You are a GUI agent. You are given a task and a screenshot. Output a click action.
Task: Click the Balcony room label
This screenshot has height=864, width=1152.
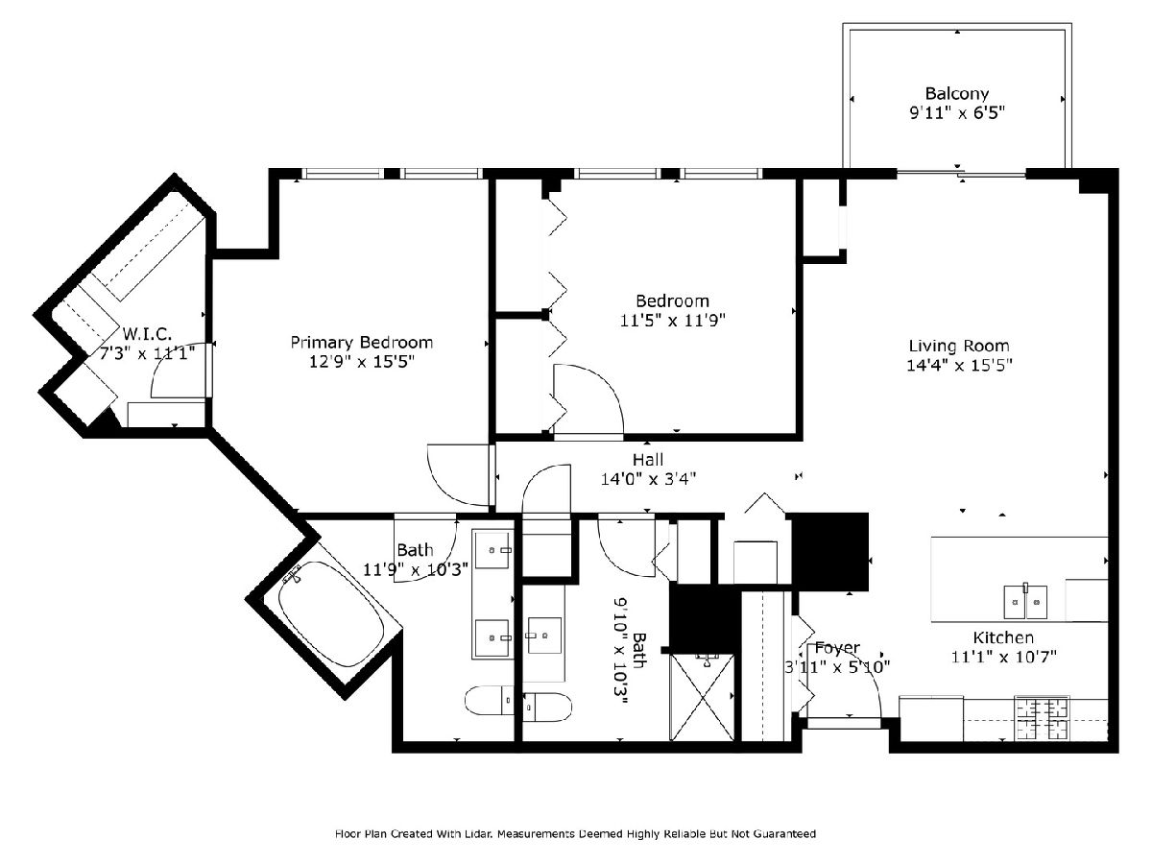pos(957,94)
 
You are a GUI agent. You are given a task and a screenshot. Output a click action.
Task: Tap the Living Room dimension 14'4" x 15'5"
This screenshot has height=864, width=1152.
pos(959,365)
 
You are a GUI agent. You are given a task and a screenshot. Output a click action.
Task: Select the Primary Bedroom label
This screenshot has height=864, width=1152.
pos(362,343)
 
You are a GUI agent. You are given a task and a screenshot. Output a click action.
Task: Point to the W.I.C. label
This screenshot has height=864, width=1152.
pos(147,334)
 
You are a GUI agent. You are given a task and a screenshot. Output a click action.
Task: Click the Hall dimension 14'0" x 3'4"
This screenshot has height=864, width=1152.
pos(648,478)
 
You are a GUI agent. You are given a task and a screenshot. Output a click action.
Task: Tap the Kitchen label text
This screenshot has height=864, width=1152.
pos(1003,637)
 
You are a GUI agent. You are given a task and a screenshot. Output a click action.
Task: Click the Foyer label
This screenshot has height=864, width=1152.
pos(837,648)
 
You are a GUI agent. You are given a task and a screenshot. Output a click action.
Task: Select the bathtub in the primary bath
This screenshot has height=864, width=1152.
pos(330,613)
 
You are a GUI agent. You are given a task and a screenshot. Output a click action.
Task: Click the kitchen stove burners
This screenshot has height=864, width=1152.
pos(1044,718)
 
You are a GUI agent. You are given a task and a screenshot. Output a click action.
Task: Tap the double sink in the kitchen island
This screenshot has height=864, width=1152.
pos(1025,602)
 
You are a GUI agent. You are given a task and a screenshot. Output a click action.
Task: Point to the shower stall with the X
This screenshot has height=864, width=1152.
pos(702,697)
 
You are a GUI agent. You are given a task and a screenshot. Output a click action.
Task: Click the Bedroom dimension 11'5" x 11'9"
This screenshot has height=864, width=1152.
pos(672,320)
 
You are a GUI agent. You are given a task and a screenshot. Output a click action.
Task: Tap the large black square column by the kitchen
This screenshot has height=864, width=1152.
pos(829,551)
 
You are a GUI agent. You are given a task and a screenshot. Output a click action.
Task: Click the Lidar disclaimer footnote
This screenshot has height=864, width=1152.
pos(575,833)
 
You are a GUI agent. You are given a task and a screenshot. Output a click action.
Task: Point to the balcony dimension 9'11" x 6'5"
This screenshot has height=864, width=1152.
pos(957,112)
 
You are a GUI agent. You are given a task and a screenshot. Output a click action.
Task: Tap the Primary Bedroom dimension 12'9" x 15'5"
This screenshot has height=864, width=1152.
pos(362,362)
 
